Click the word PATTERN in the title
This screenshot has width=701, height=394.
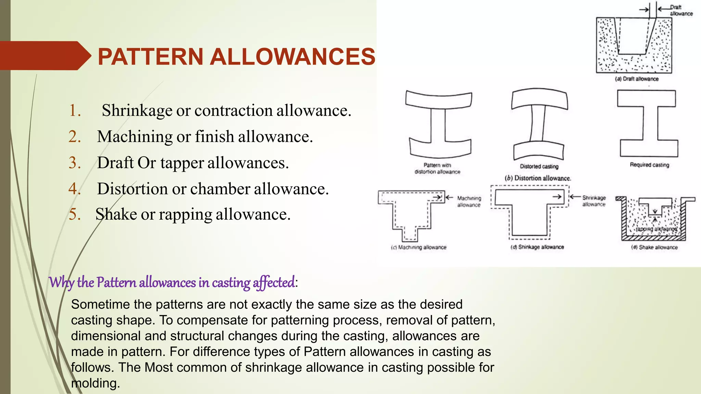[x=151, y=56]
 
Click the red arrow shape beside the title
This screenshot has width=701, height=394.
[x=44, y=56]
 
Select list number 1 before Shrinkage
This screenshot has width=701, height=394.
[x=75, y=110]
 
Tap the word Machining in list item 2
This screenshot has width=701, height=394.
[x=135, y=136]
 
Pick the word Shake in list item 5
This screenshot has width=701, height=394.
[x=116, y=214]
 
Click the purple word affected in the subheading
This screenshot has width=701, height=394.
[x=273, y=283]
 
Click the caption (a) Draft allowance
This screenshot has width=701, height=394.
[x=637, y=79]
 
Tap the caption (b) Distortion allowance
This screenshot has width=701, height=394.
[x=538, y=178]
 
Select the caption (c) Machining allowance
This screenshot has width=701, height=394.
[x=419, y=247]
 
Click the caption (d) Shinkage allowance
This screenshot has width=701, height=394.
[x=537, y=247]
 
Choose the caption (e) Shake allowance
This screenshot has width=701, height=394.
[x=654, y=247]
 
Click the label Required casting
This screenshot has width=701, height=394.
[x=649, y=165]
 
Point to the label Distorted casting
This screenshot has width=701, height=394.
[x=539, y=167]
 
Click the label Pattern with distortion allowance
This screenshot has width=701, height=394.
[x=437, y=169]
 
